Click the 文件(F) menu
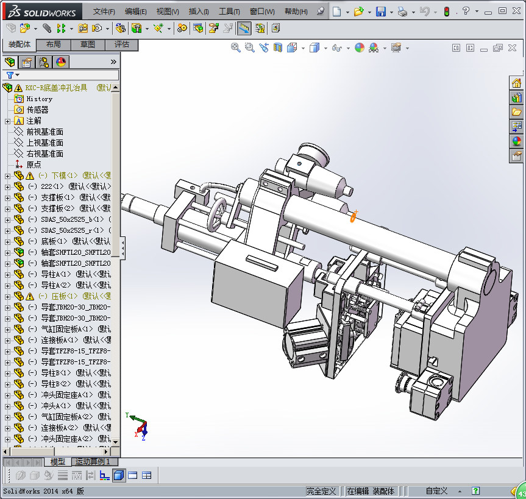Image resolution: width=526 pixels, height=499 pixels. [104, 12]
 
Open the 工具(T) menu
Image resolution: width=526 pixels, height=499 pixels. [229, 12]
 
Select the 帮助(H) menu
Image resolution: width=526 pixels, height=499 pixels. [296, 12]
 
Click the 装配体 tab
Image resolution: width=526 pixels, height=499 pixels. [20, 44]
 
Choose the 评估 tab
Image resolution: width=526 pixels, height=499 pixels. [121, 44]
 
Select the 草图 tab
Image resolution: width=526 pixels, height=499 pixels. [87, 44]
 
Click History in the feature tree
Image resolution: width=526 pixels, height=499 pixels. [39, 99]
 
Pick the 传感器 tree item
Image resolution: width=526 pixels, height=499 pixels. [37, 110]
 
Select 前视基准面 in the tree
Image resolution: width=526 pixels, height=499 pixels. [44, 132]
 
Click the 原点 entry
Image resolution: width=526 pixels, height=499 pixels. [34, 165]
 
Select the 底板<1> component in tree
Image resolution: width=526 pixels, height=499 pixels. [54, 241]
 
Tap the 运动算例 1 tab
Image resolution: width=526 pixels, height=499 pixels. [93, 462]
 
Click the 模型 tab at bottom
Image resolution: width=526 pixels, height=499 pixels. [58, 462]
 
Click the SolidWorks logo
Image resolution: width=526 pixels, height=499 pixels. [41, 12]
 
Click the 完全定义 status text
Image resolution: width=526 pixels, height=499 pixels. [322, 491]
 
